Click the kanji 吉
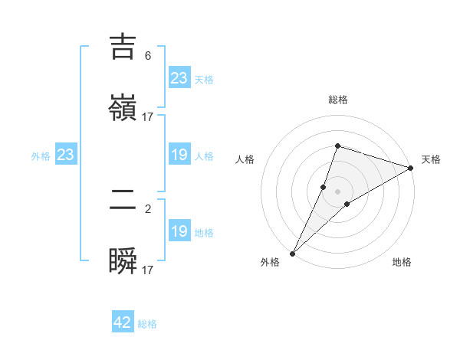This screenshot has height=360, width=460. [x=123, y=47]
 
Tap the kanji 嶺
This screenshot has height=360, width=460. [x=123, y=107]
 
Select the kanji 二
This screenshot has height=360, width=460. [x=123, y=201]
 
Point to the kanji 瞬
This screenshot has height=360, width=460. [x=123, y=262]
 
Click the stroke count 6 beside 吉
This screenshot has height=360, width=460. [x=148, y=56]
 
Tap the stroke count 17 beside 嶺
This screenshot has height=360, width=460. [x=148, y=116]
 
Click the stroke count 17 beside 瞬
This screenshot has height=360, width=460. [x=148, y=270]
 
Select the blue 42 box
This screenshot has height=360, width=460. [x=123, y=322]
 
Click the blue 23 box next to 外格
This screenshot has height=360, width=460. [x=65, y=155]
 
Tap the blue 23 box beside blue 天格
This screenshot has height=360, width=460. [x=179, y=78]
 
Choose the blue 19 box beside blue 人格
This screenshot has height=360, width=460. [x=179, y=155]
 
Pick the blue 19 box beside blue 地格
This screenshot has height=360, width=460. [x=179, y=231]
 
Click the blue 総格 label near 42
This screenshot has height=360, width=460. [x=147, y=324]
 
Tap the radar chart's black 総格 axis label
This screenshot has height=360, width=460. [x=337, y=100]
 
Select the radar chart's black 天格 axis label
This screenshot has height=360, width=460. [x=431, y=159]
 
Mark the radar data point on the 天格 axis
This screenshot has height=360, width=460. [x=410, y=168]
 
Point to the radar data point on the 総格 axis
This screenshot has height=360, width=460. [x=337, y=146]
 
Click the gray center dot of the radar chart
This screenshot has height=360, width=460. [x=337, y=191]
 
